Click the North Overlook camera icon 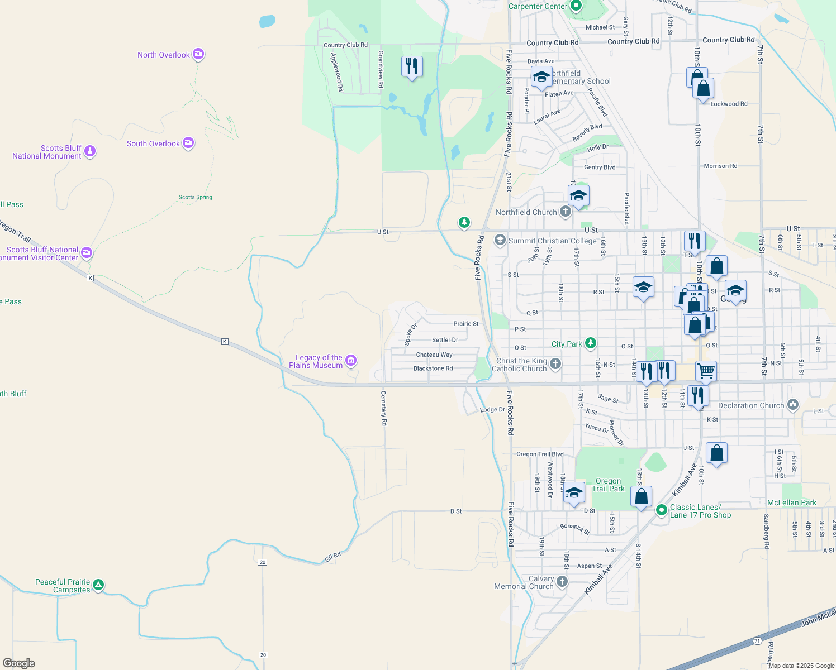click(x=198, y=54)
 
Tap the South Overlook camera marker click(x=188, y=143)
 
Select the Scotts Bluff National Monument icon click(x=89, y=151)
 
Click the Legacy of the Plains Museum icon click(x=350, y=361)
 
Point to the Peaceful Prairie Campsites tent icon click(x=98, y=585)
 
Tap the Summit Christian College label click(x=552, y=241)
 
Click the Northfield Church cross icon click(x=566, y=212)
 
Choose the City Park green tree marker click(x=591, y=343)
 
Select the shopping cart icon click(x=706, y=370)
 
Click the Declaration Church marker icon click(x=792, y=405)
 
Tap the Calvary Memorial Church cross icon click(x=562, y=582)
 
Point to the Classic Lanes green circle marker click(x=662, y=510)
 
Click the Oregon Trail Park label click(x=608, y=485)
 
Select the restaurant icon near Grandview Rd click(x=412, y=66)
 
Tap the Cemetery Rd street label click(x=384, y=408)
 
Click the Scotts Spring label click(x=195, y=197)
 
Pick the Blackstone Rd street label click(x=433, y=368)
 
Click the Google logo click(x=19, y=663)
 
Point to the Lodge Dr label click(x=492, y=410)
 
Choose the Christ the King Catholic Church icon click(x=555, y=364)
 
